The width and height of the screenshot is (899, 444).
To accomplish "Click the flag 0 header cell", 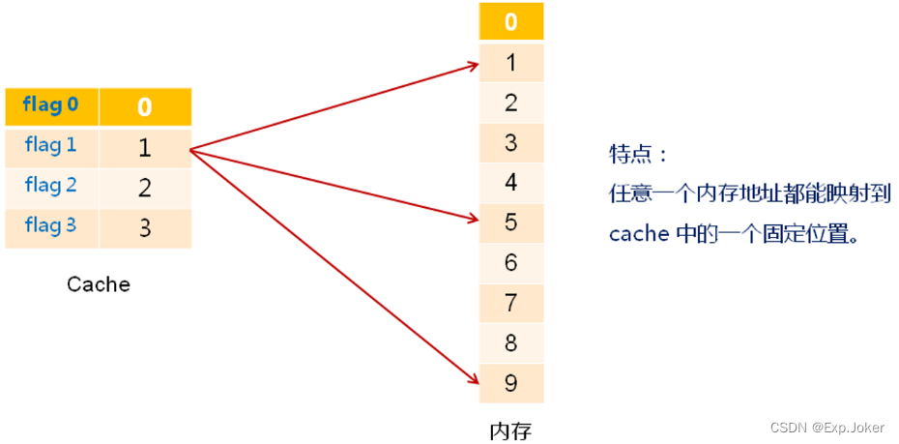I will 51,105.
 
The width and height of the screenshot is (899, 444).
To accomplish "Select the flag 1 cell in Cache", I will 51,146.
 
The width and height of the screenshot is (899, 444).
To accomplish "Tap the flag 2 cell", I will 51,186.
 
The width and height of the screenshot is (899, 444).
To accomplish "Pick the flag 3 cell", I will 51,226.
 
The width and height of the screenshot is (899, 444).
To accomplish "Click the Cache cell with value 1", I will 144,148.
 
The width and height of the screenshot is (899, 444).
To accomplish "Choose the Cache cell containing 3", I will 144,228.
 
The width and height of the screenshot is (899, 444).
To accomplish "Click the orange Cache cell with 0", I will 144,106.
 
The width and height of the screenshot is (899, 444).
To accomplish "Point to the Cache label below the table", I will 98,284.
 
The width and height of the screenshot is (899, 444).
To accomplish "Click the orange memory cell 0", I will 511,21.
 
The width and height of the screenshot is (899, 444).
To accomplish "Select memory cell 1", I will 511,63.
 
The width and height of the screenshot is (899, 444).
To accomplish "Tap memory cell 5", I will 511,222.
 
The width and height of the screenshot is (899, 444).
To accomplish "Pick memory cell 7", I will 511,304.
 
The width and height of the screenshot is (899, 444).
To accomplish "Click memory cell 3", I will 511,143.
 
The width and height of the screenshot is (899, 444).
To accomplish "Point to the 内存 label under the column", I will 510,429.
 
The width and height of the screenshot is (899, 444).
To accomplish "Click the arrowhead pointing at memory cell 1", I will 473,66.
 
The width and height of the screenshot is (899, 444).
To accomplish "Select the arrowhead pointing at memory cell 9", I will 473,378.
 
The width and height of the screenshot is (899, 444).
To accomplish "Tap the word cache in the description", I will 638,234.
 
